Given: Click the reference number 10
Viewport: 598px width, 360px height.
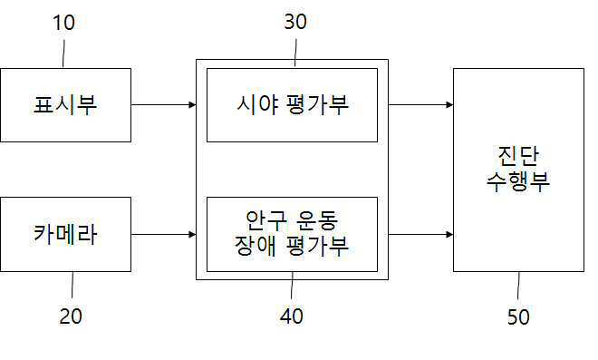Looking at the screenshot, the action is coord(63,23).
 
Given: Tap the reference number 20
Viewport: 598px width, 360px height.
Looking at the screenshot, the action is coord(71,316).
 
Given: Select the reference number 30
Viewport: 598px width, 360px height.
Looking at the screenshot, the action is coord(295,22).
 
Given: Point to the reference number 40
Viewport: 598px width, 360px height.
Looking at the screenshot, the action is coord(292,316).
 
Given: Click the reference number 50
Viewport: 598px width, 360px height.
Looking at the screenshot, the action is coord(518,316).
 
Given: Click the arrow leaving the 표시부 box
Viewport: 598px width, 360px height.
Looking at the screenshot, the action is coord(164,104).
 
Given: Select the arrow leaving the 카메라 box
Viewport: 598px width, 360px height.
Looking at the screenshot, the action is coord(164,234).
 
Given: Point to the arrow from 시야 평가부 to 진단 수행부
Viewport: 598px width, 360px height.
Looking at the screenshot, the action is coord(420,104).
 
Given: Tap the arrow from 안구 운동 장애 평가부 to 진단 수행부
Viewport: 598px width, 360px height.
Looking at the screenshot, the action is coord(420,234).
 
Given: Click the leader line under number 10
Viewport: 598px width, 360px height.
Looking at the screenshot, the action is coord(63,54).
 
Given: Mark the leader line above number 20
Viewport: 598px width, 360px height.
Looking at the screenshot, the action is coord(72,285).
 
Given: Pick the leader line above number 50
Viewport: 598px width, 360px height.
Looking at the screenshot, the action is coord(518,286).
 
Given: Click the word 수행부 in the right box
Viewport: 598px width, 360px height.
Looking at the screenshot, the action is coord(518,181).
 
